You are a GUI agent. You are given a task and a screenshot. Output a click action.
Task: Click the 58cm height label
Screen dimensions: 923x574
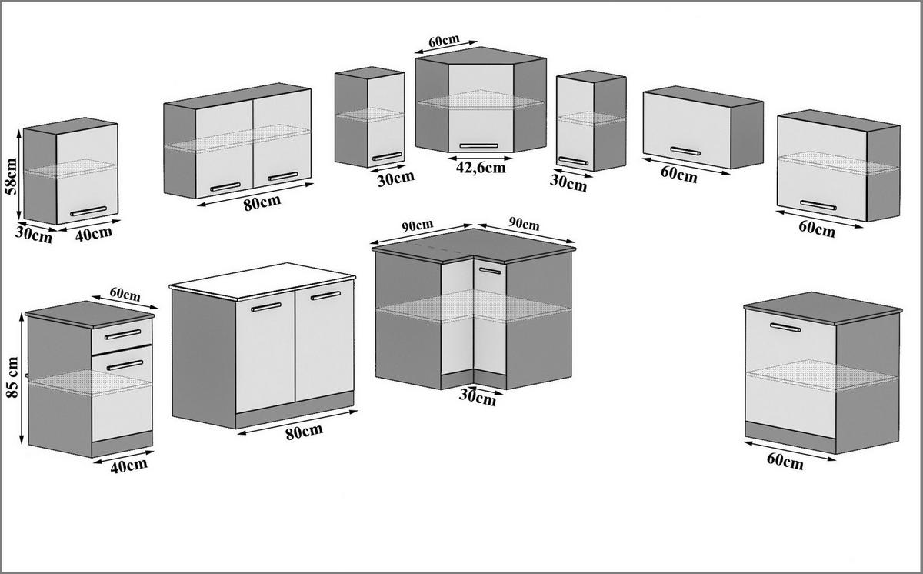[x=11, y=176]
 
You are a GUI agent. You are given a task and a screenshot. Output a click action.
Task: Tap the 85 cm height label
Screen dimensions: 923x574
[x=12, y=377]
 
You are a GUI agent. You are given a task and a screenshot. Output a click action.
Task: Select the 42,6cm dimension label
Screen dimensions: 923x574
[x=481, y=168]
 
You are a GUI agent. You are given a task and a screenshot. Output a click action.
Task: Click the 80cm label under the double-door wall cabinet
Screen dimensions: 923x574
[x=262, y=202]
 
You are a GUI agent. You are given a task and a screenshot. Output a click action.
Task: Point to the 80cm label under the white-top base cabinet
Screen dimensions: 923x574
[x=304, y=432]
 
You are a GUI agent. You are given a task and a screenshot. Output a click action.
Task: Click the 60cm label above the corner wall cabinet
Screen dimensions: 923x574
[x=444, y=41]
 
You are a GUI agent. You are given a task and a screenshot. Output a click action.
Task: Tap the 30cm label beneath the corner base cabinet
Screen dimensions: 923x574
[x=477, y=398]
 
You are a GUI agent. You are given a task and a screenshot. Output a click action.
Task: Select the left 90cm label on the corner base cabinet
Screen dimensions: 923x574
[x=418, y=225]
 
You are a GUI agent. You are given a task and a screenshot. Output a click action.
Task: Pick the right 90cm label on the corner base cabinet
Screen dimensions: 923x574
[x=524, y=223]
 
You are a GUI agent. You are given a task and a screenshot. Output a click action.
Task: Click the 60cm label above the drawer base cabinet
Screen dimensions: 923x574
[x=125, y=294]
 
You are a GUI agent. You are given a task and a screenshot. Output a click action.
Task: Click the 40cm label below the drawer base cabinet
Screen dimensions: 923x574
[x=128, y=466]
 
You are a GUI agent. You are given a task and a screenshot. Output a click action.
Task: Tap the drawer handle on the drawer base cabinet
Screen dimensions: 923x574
[x=123, y=334]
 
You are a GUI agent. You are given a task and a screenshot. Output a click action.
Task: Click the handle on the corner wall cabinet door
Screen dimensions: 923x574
[x=478, y=145]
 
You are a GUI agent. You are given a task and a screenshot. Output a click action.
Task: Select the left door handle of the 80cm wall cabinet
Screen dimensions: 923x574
[x=225, y=187]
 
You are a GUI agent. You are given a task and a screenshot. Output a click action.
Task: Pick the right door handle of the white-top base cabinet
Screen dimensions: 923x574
[x=325, y=295]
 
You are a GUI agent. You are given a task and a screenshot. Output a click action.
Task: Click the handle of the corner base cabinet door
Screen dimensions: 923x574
[x=491, y=271]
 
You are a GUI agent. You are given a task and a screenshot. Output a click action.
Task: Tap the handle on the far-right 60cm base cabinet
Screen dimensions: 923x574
[x=785, y=328]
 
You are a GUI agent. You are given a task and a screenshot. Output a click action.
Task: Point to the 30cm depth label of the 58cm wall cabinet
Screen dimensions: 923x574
[x=33, y=235]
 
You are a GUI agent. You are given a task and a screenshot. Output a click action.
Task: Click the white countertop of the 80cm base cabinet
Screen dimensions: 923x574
[x=262, y=280]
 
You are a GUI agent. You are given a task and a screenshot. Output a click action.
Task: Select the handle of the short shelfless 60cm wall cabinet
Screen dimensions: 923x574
[x=685, y=152]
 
